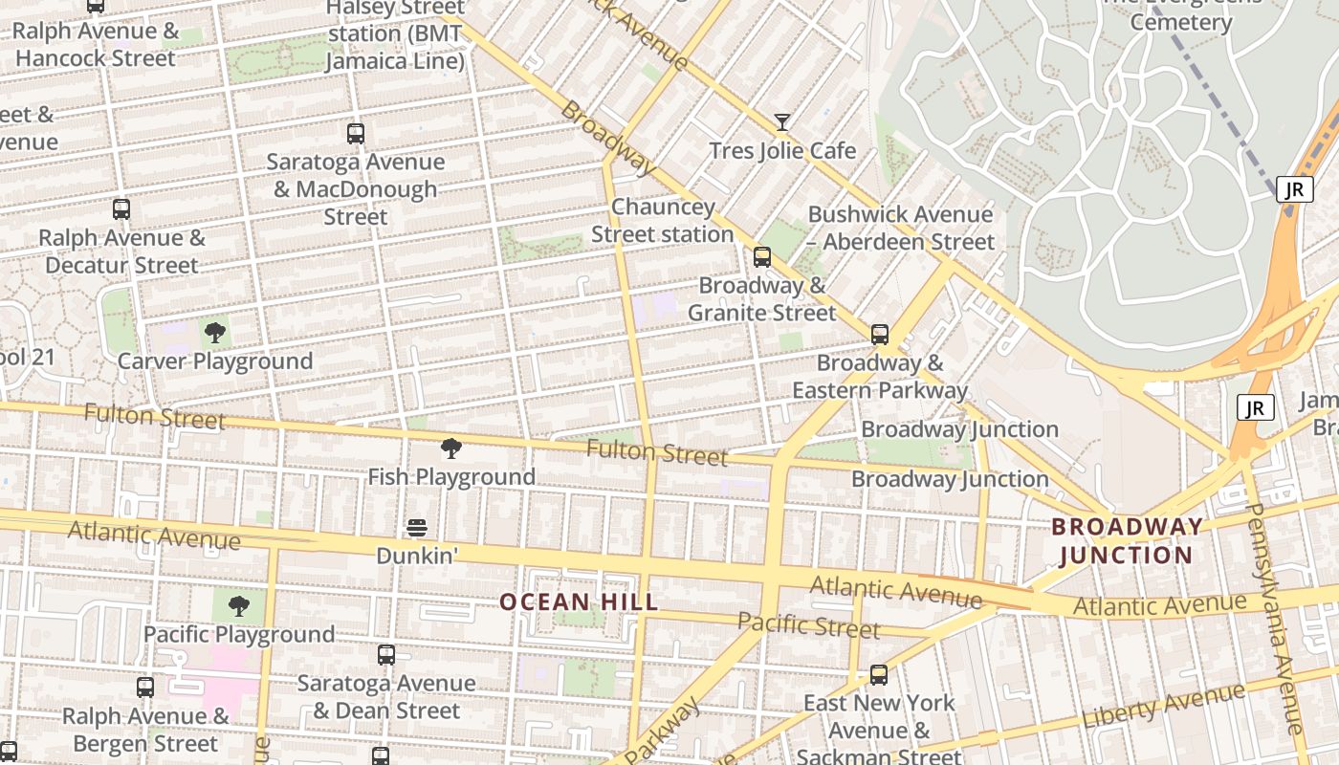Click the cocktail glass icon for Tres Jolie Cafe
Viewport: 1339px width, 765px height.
click(x=782, y=122)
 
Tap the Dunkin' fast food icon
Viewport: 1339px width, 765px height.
click(x=416, y=528)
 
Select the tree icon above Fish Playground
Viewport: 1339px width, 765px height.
click(x=450, y=448)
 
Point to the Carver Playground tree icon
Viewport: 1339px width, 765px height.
click(x=215, y=333)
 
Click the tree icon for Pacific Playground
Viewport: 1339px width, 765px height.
click(x=238, y=606)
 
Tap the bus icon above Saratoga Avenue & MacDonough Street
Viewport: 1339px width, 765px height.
click(x=356, y=134)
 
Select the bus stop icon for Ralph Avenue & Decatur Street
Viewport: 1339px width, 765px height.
click(x=121, y=209)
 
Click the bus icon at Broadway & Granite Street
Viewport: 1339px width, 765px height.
click(x=762, y=257)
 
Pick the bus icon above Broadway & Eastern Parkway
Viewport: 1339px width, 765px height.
click(x=880, y=335)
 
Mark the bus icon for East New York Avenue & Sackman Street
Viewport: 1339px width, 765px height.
click(x=879, y=675)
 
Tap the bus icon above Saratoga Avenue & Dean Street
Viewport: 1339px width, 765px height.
click(x=386, y=655)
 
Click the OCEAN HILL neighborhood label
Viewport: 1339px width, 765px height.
click(x=580, y=601)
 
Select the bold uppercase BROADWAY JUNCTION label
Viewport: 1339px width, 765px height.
click(x=1127, y=540)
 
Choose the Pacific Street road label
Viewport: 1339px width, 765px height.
click(x=808, y=625)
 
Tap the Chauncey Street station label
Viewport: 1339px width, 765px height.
click(x=663, y=221)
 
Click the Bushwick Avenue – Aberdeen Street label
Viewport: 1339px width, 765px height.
click(x=901, y=228)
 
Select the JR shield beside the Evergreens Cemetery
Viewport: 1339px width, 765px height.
click(x=1294, y=189)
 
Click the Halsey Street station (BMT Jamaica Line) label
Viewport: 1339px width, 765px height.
click(x=395, y=34)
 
